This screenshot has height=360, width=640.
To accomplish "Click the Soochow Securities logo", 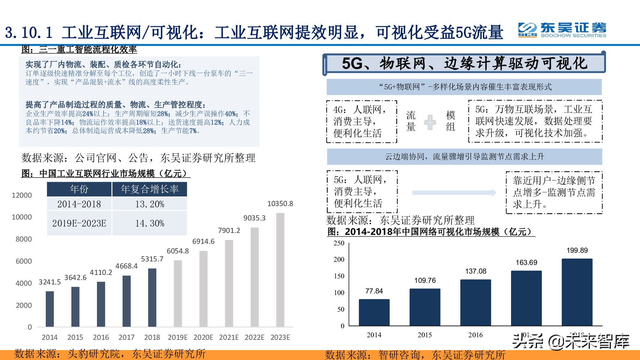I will pyautogui.click(x=562, y=30).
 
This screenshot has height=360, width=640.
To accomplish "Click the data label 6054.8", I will pyautogui.click(x=178, y=251).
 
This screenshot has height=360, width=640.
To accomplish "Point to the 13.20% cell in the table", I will pyautogui.click(x=149, y=204).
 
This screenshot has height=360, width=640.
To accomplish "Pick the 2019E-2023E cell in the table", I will pyautogui.click(x=79, y=223).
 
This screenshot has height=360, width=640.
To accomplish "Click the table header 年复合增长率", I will pyautogui.click(x=149, y=189).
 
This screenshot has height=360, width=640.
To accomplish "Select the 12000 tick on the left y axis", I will pyautogui.click(x=22, y=195).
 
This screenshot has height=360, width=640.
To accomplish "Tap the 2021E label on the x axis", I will pyautogui.click(x=229, y=337).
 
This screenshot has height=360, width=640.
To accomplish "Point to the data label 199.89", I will pyautogui.click(x=577, y=250).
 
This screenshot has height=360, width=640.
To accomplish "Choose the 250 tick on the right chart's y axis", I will pyautogui.click(x=339, y=243).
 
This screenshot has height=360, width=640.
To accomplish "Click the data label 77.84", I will pyautogui.click(x=374, y=291).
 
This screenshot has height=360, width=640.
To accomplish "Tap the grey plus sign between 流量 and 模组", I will pyautogui.click(x=430, y=122).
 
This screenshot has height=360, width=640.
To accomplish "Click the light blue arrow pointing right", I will pyautogui.click(x=454, y=193).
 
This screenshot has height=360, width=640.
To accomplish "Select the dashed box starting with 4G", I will pyautogui.click(x=362, y=122).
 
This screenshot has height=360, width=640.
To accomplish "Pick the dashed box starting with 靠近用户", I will pyautogui.click(x=554, y=192).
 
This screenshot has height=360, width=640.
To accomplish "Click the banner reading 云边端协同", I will pyautogui.click(x=464, y=156).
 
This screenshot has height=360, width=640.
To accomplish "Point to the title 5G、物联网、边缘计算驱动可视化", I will pyautogui.click(x=464, y=63).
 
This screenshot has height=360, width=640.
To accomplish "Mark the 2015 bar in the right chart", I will pyautogui.click(x=425, y=307).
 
